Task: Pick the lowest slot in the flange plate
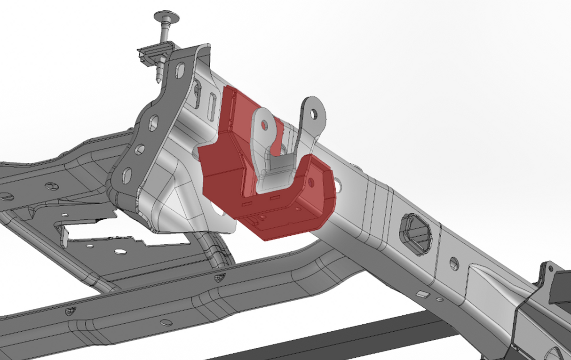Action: point(127,177)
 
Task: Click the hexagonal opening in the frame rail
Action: point(415,232)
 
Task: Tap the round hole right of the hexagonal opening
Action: point(454,264)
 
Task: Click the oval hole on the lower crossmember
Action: point(166,322)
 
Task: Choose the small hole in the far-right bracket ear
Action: point(550,269)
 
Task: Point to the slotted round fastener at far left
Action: point(6,196)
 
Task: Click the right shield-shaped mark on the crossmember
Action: point(219,278)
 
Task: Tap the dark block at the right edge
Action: point(562,287)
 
